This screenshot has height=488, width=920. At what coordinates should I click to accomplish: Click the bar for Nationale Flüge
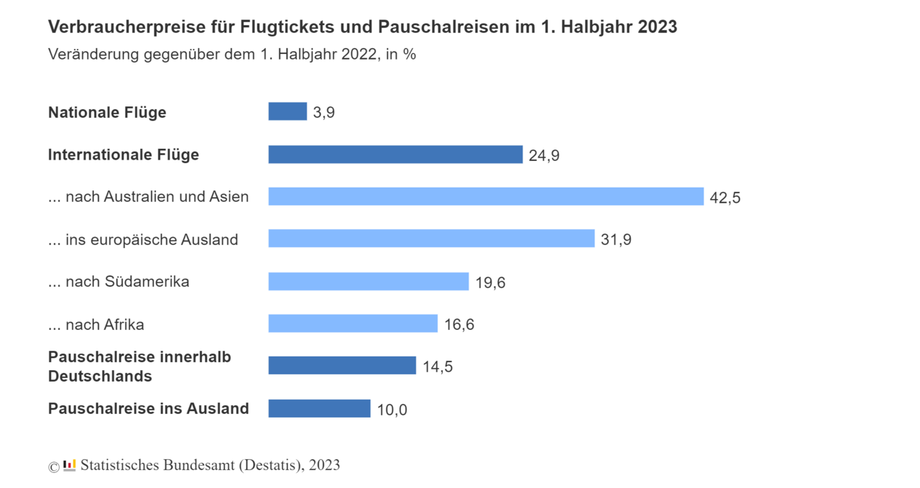tap(287, 111)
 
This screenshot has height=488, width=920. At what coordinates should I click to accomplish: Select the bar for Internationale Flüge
tap(395, 155)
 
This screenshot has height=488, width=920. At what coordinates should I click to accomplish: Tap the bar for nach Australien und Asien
tap(486, 196)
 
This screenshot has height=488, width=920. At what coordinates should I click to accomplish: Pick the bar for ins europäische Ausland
tap(431, 239)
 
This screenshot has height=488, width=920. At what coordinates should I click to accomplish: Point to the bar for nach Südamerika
tap(369, 281)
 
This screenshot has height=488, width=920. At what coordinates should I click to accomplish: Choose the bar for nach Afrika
tap(353, 323)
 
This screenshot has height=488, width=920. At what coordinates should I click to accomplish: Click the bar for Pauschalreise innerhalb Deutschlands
tap(342, 366)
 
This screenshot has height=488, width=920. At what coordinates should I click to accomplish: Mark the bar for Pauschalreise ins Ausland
tap(319, 408)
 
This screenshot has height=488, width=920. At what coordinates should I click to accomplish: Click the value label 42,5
tap(724, 198)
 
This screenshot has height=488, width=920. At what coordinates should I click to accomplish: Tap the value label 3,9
tap(324, 113)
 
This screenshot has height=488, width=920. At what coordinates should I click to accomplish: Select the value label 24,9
tap(544, 156)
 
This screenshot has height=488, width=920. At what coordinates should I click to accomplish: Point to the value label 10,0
tap(392, 410)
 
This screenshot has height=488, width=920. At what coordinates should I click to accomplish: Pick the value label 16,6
tap(459, 325)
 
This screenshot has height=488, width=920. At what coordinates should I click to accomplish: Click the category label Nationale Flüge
tap(107, 113)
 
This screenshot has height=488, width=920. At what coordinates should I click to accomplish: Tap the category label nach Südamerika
tap(119, 282)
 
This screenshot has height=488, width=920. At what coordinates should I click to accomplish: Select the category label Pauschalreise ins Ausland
tap(148, 409)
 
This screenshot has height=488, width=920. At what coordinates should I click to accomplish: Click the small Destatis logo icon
tap(70, 465)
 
